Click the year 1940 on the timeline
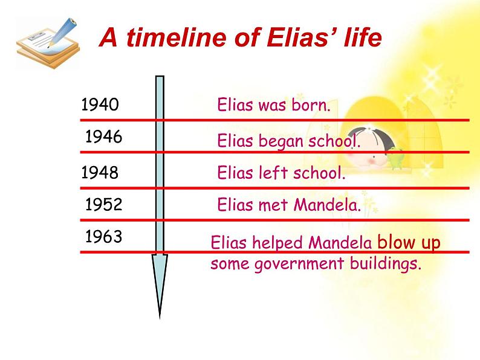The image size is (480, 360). tap(100, 104)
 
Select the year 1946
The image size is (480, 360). tap(104, 137)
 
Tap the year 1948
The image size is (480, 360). tap(100, 173)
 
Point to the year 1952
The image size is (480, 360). tap(104, 204)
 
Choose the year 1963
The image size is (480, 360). tap(104, 236)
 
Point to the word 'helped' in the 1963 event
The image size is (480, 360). tap(278, 243)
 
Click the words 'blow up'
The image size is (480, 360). tap(409, 242)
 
